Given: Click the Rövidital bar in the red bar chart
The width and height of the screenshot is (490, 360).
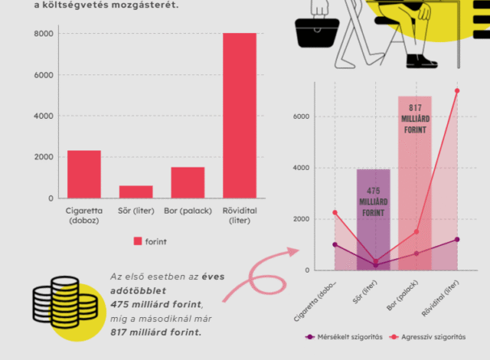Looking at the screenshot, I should point(239,116).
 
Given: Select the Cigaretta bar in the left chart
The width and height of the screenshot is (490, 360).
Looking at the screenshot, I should point(84,174).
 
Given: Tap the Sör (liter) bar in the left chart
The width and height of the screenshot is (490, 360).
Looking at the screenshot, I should point(136,192).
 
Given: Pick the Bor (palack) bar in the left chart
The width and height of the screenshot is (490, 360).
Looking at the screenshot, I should point(188,182).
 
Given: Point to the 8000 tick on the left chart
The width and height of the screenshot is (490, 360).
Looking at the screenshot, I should point(44,34).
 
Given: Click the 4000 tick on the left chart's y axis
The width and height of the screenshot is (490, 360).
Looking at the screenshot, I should point(44,116).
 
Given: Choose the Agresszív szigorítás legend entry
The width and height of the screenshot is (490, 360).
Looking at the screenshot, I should point(429,337).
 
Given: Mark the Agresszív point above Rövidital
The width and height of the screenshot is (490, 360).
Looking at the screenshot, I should point(457,91).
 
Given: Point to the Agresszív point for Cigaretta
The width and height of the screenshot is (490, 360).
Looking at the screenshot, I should point(335,213).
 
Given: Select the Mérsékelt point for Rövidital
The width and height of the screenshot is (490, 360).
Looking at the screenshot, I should point(457,239).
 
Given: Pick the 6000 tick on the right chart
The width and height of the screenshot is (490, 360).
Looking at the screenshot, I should point(302,116).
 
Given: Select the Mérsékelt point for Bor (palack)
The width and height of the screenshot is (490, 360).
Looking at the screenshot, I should point(416,253).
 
